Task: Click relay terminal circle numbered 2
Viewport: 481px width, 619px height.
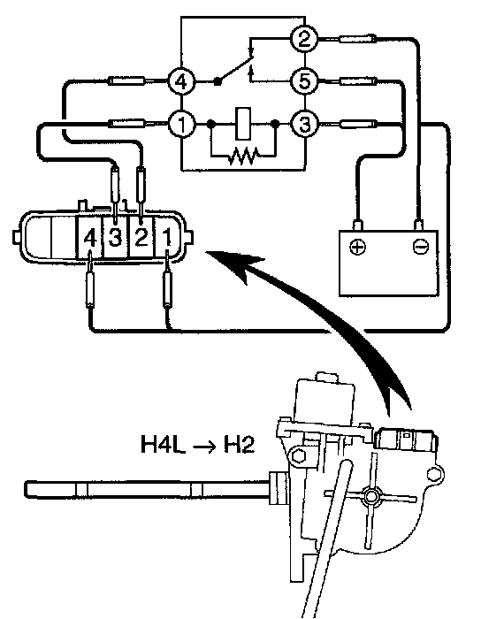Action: (304, 39)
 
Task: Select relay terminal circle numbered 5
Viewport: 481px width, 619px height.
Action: (304, 81)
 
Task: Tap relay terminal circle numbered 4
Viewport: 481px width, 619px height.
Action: (181, 81)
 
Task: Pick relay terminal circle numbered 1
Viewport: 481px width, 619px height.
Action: (181, 125)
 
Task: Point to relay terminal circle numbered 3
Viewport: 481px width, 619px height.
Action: (304, 125)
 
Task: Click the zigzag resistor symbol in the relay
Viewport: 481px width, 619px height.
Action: (243, 155)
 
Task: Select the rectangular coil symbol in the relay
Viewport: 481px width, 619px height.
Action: (243, 124)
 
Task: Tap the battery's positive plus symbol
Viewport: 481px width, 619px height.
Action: (357, 248)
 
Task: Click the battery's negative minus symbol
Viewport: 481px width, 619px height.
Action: (419, 247)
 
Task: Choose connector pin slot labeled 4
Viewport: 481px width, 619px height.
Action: (90, 238)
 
